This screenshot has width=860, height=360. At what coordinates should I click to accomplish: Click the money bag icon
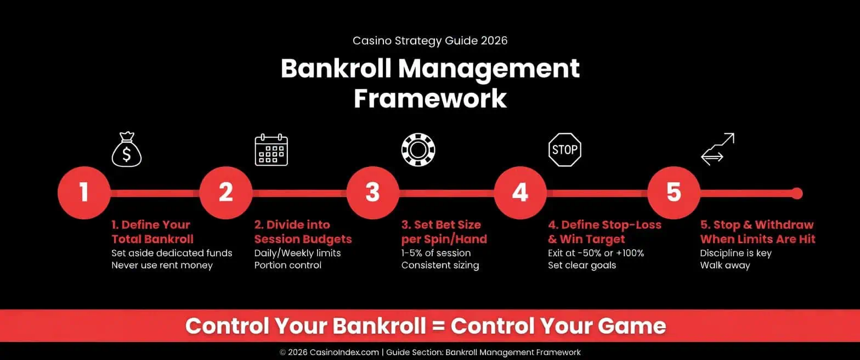click(127, 149)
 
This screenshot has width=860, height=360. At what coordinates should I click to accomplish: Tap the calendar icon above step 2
click(271, 149)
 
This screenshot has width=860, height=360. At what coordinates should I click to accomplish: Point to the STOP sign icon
click(564, 149)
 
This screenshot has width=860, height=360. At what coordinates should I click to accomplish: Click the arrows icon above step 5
click(717, 149)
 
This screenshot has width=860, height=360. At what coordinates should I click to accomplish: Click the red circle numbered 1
click(84, 193)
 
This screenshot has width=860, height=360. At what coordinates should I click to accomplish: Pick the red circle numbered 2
click(225, 193)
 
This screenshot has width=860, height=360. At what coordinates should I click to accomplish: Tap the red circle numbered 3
click(372, 193)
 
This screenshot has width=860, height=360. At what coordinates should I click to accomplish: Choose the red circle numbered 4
click(519, 193)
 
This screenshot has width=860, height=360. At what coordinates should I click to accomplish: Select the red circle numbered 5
click(673, 193)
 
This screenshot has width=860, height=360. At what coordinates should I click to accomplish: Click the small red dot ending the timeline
click(797, 193)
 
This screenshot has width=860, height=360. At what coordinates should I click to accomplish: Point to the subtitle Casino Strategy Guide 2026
click(430, 41)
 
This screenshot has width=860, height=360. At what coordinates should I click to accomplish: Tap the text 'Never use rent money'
click(162, 266)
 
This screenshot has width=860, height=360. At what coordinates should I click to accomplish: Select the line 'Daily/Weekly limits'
click(297, 253)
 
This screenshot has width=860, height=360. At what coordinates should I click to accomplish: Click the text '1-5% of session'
click(435, 253)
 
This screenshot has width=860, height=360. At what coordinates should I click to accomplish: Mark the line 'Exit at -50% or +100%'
click(596, 253)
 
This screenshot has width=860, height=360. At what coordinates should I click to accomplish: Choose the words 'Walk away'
click(725, 266)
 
